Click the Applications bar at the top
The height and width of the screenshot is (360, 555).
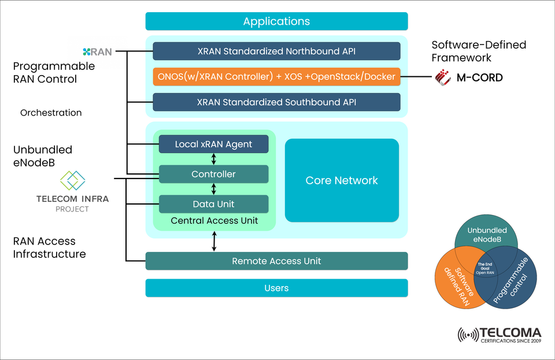[x=276, y=21]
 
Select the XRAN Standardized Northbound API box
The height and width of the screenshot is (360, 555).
[x=276, y=51]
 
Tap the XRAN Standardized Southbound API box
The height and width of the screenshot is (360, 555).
[x=276, y=102]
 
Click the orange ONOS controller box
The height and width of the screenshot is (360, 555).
[x=276, y=77]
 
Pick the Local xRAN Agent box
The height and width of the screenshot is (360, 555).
[x=213, y=144]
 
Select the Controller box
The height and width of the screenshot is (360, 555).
[x=213, y=174]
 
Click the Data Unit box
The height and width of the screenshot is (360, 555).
[x=213, y=204]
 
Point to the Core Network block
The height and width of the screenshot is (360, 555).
[x=342, y=180]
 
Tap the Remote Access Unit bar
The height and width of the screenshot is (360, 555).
[x=276, y=261]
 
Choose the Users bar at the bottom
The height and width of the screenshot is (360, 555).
[x=276, y=288]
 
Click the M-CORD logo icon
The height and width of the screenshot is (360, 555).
[x=443, y=77]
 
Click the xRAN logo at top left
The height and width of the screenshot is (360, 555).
[x=97, y=51]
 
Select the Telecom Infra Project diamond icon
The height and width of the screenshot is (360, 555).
[x=73, y=181]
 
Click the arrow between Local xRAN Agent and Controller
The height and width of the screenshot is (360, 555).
[x=214, y=159]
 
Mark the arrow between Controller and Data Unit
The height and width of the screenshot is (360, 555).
[x=214, y=189]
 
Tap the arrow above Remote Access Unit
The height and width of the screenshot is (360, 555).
[x=214, y=241]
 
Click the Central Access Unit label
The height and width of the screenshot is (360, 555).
[x=213, y=220]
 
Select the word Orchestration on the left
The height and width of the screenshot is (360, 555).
[x=51, y=113]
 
